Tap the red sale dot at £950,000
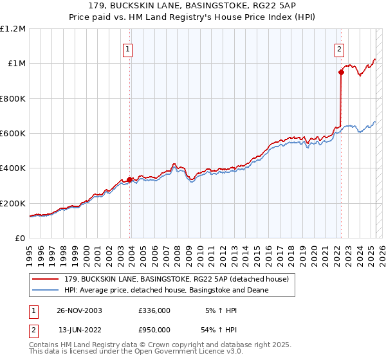pos(341,72)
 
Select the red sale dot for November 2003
pos(130,180)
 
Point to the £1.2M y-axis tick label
pos(13,29)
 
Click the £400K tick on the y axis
pos(13,168)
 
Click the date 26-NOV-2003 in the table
pos(79,310)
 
